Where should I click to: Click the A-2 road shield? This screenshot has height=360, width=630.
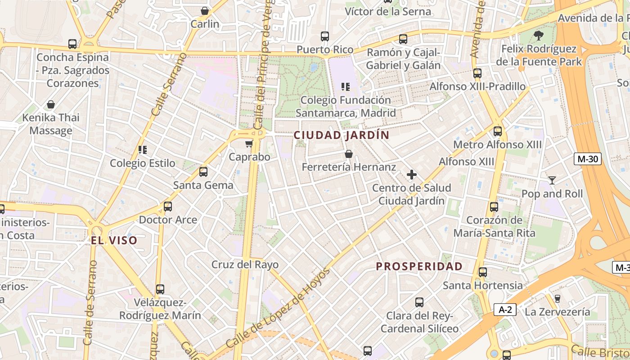tap(505, 310)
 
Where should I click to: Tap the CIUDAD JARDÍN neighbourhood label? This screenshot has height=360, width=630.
tap(342, 135)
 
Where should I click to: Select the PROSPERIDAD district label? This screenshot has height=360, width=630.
tap(419, 266)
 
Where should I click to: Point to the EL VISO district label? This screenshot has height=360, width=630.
tap(114, 240)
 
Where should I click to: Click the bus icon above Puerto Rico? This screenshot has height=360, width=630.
tap(325, 36)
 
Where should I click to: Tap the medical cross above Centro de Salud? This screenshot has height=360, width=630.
tap(411, 175)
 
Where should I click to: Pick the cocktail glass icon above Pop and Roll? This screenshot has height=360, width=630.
tap(552, 180)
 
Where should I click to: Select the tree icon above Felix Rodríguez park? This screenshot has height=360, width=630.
tap(539, 35)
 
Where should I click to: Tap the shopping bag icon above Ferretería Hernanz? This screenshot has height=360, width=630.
tap(348, 154)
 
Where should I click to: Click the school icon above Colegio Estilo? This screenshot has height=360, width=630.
tap(143, 150)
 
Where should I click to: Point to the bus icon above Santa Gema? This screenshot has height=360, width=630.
tap(203, 172)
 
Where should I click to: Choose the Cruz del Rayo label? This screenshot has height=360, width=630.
tap(245, 265)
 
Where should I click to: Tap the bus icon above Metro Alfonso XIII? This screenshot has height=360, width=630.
tap(497, 131)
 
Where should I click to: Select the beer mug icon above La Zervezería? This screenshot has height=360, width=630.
tap(557, 298)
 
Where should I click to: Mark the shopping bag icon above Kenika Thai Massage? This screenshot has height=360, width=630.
tap(51, 104)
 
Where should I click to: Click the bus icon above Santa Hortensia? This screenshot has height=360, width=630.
tap(483, 272)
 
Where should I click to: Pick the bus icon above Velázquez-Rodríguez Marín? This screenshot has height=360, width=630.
tap(160, 289)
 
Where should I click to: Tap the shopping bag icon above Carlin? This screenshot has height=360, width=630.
tap(205, 11)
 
